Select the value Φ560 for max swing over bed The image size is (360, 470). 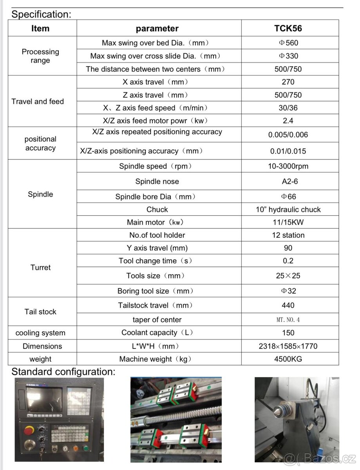pos(288,43)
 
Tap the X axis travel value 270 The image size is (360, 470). pos(288,82)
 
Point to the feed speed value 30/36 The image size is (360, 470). pos(288,108)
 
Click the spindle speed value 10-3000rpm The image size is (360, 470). pos(288,166)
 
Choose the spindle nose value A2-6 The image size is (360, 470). pos(288,181)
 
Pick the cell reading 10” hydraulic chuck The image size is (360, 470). pos(288,210)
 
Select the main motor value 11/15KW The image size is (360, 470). pos(288,222)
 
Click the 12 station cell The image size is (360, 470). pos(288,235)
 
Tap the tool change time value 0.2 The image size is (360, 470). pos(288,261)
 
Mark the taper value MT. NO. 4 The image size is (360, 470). pos(288,320)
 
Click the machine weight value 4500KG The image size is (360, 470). pos(288,359)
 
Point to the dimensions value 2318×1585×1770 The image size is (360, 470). pos(288,346)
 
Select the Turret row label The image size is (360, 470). pos(40,268)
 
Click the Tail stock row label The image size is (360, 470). pos(40,312)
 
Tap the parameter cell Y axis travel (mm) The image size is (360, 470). pos(157,248)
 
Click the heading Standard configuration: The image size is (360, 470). pos(63,372)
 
